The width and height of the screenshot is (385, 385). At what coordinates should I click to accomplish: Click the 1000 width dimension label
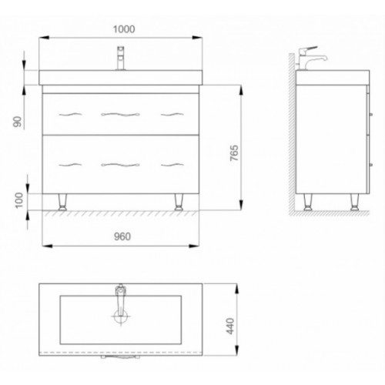[124, 29]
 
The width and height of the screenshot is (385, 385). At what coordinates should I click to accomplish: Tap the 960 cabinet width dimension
[122, 236]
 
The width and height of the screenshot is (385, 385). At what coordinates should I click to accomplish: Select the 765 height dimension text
[234, 153]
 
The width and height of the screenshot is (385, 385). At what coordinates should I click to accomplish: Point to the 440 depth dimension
[230, 326]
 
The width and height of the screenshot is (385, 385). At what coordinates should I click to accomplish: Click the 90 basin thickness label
[18, 122]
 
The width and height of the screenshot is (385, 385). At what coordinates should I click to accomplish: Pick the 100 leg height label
[19, 200]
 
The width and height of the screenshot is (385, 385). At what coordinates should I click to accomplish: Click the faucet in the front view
[121, 58]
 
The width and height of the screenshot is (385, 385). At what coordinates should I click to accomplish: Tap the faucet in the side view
[311, 58]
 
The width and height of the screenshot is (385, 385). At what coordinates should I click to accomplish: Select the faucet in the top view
[120, 300]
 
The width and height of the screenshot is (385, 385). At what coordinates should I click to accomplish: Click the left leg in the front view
[62, 202]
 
